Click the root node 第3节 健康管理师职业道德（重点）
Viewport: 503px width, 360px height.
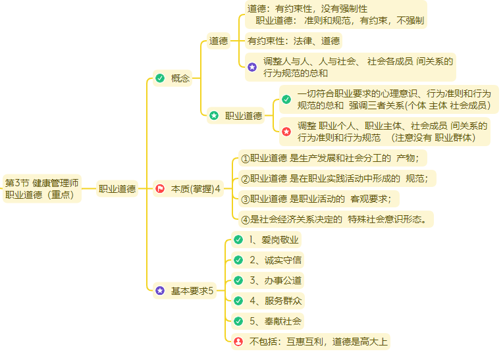(42, 188)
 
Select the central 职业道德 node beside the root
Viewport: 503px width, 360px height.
(117, 189)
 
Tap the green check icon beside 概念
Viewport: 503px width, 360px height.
(160, 79)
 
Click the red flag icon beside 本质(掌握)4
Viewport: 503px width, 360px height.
(160, 189)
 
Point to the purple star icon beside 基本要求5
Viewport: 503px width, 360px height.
(160, 290)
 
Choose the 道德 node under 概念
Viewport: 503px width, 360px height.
(219, 41)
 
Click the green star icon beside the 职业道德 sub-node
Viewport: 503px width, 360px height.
(214, 116)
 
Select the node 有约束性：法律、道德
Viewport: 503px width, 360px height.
(294, 41)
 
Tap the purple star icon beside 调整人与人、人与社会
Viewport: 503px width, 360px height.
(252, 67)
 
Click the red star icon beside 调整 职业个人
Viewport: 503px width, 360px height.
(286, 132)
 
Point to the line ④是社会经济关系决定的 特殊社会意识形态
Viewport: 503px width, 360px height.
(336, 219)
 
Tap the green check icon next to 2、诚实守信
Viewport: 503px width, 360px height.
(238, 260)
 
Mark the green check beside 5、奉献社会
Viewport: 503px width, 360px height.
(238, 321)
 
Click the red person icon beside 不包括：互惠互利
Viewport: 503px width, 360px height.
(238, 342)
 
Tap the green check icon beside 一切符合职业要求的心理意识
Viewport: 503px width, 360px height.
(286, 99)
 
